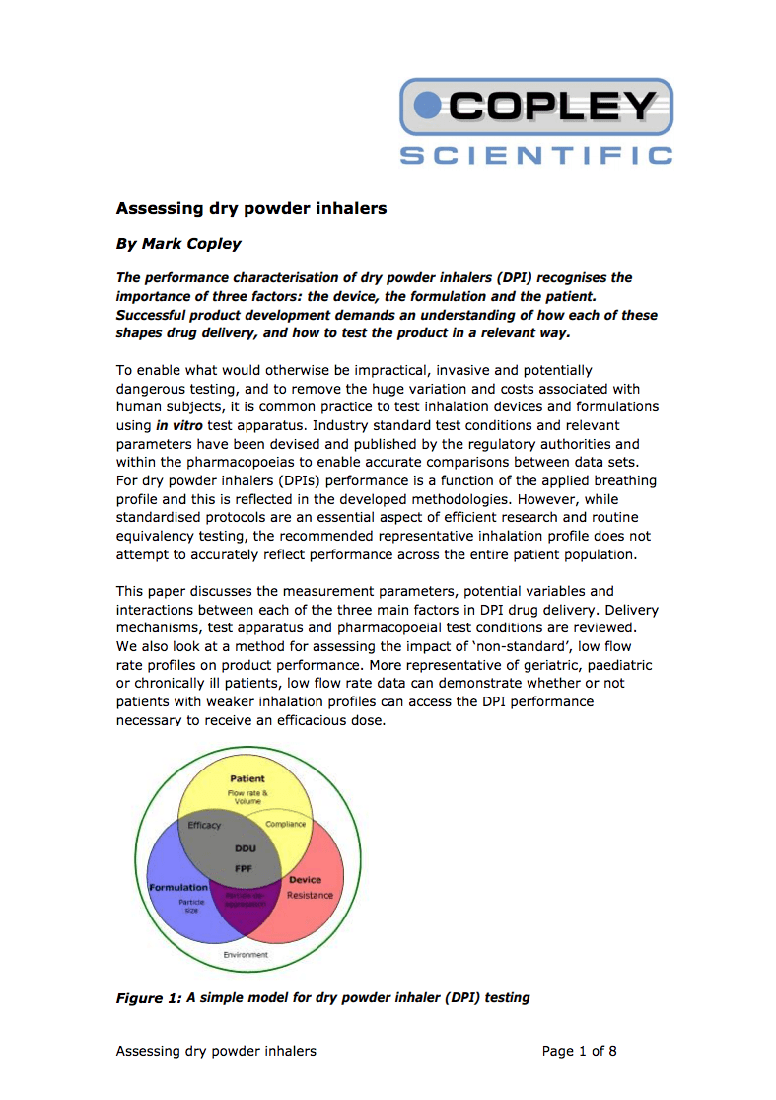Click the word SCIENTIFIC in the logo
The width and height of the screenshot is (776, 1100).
coord(536,156)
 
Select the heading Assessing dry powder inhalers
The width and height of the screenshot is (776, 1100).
coord(250,208)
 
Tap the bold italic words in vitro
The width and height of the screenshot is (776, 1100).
coord(180,425)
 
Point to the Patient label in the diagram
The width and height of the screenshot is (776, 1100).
coord(247,778)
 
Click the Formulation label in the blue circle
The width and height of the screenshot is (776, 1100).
coord(178,887)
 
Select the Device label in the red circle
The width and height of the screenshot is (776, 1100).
coord(305,879)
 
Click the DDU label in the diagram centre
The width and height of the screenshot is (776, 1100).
coord(245,847)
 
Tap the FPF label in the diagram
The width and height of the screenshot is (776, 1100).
coord(245,867)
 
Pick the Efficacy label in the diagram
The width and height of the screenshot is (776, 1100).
coord(204,825)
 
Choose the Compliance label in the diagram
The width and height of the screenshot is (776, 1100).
coord(286,824)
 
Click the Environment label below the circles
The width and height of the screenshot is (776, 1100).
coord(246,955)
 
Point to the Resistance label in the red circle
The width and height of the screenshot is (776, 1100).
coord(310,895)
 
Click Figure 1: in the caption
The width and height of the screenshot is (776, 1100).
coord(149,998)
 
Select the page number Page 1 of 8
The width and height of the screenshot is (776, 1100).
coord(580,1051)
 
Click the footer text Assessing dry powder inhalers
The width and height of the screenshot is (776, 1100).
coord(216,1051)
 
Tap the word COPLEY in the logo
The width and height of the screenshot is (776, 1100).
coord(552,106)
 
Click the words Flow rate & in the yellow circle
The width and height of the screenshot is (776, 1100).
coord(247,793)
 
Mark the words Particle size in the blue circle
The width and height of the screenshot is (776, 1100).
coord(190,906)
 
